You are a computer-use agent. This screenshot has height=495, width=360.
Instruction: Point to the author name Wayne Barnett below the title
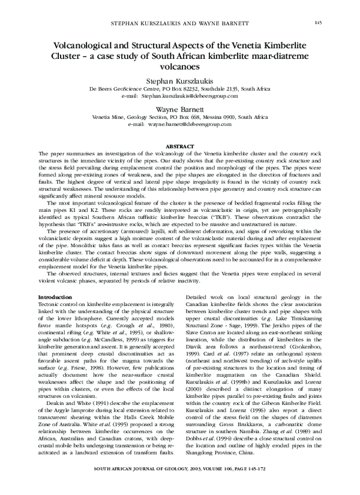(180, 110)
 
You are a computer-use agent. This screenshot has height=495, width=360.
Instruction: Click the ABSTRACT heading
(180, 145)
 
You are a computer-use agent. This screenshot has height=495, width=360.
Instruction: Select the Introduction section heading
(56, 298)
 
